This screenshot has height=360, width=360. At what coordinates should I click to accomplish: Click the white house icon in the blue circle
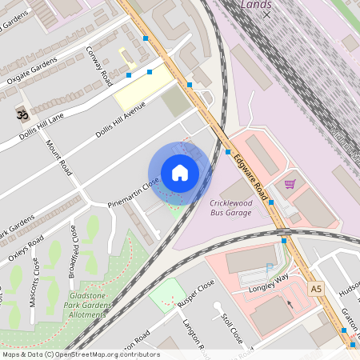click(x=180, y=173)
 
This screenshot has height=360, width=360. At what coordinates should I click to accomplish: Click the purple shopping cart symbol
click(x=290, y=184)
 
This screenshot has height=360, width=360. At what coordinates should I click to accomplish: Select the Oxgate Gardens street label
click(x=34, y=70)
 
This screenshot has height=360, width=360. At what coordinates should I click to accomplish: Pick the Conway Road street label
click(x=99, y=66)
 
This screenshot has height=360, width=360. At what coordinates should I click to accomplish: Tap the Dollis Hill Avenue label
click(x=121, y=121)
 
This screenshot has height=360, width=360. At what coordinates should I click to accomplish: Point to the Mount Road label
click(x=59, y=159)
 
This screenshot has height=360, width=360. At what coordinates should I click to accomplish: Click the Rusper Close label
click(x=197, y=294)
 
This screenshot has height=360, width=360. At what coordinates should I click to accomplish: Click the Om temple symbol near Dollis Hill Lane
click(x=22, y=115)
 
